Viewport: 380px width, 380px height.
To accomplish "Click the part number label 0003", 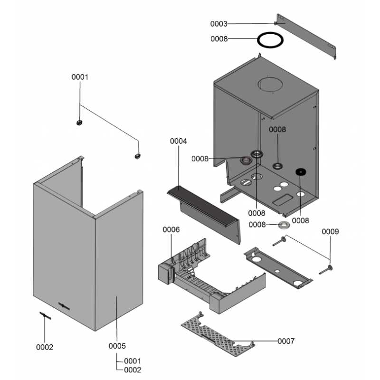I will (219, 23).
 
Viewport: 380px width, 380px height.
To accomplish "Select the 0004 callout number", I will (178, 141).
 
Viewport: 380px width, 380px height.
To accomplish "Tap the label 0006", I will (171, 229).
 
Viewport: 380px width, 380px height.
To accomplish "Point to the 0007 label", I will (286, 341).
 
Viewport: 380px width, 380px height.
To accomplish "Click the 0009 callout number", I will (330, 232).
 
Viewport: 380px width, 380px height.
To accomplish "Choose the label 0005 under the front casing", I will (117, 346).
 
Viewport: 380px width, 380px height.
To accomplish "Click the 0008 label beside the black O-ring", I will (219, 39).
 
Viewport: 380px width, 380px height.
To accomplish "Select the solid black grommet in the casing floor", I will (300, 171).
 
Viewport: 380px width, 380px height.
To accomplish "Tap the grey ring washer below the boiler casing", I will (285, 224).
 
